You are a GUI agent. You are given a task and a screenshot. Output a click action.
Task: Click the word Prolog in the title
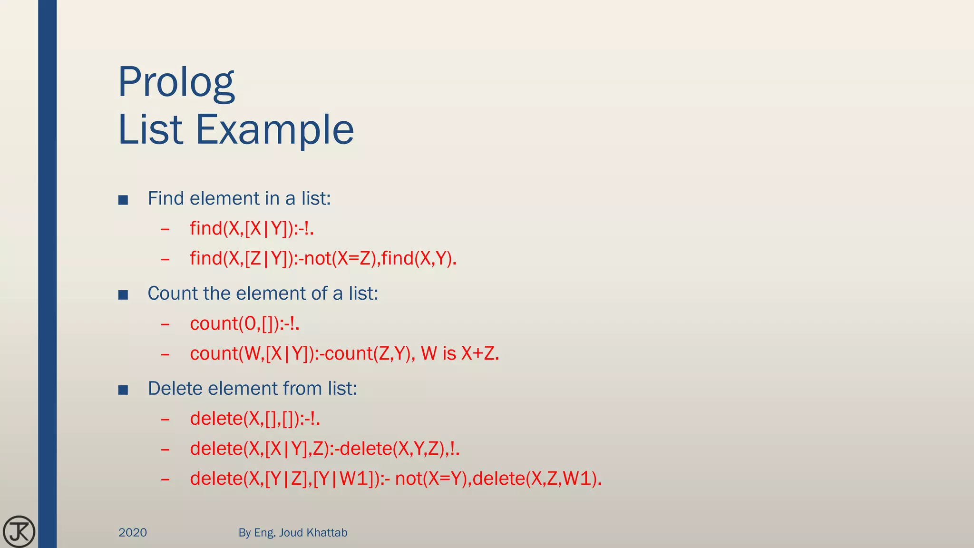176,83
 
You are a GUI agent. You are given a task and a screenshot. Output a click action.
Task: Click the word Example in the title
275,129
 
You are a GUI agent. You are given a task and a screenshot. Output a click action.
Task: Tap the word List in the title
150,129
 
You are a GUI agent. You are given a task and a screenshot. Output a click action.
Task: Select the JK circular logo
19,531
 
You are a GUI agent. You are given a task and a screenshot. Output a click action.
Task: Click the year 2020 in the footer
133,532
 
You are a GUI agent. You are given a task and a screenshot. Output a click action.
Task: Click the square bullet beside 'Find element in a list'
123,200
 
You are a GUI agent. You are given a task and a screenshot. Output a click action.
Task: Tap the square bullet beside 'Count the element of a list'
123,295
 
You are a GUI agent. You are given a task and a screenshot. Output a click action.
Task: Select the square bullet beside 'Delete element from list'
123,390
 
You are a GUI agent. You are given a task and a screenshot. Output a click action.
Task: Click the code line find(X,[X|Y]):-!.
252,228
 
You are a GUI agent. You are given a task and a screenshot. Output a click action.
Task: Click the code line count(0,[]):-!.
244,323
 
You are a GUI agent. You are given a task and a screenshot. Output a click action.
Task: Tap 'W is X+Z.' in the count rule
460,353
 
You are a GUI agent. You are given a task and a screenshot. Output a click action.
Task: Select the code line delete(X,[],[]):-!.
255,419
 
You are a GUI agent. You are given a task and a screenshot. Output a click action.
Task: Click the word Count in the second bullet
172,294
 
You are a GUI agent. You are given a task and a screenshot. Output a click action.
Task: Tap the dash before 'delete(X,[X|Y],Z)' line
166,449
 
